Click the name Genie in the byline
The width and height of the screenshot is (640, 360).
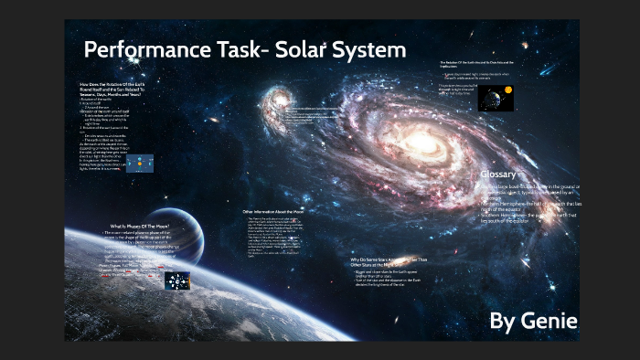click(548, 321)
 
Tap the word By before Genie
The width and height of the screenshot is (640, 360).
click(503, 321)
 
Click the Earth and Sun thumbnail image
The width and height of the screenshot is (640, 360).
click(495, 98)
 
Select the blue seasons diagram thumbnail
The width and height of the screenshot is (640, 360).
click(139, 164)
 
